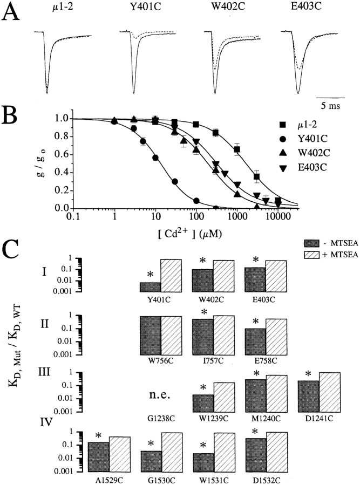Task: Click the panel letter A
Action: (12, 12)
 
